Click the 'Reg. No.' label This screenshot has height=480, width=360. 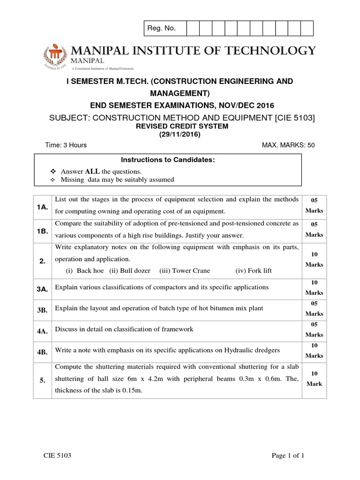(x=161, y=29)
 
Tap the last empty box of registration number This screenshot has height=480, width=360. (x=307, y=29)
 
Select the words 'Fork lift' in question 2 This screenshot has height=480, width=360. (x=254, y=270)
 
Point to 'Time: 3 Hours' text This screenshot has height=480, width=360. (x=66, y=145)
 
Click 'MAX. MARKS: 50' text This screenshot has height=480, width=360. (x=288, y=145)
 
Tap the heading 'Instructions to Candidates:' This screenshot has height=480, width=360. (x=168, y=160)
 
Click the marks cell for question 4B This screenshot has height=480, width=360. (x=314, y=351)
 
